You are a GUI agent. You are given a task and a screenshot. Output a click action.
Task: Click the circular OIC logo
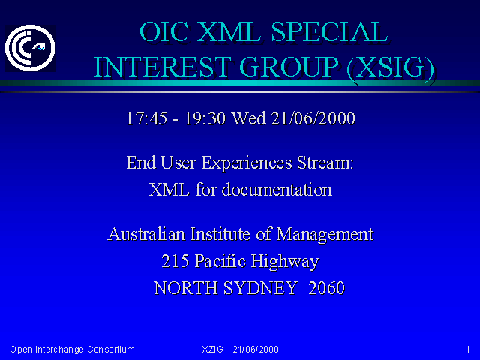(30, 48)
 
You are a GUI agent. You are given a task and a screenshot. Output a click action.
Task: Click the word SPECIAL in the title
(330, 32)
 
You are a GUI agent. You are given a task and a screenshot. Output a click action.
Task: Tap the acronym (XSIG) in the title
(391, 67)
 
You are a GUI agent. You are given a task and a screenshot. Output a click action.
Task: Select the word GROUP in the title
(289, 67)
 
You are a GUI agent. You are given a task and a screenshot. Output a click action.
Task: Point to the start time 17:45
(147, 118)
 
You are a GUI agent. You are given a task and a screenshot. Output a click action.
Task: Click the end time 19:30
(205, 118)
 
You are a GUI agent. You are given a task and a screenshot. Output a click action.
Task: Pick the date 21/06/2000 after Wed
(313, 118)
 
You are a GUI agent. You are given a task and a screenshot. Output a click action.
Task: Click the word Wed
(248, 118)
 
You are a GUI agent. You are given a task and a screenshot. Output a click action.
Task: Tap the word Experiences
(247, 163)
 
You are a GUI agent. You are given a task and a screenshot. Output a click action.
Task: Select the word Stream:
(325, 163)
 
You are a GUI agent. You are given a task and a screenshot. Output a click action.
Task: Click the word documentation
(277, 190)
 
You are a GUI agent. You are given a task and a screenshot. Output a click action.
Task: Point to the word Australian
(146, 234)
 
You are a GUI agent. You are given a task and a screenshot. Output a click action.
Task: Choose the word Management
(325, 235)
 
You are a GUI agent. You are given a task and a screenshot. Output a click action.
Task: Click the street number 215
(175, 261)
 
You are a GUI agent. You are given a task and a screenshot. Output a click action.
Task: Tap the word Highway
(285, 262)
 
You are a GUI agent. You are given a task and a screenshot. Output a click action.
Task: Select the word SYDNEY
(260, 288)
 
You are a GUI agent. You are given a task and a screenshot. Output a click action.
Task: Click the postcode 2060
(327, 288)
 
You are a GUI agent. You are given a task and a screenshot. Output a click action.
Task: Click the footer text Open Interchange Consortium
(72, 349)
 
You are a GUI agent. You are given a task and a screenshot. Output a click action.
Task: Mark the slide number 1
(468, 349)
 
